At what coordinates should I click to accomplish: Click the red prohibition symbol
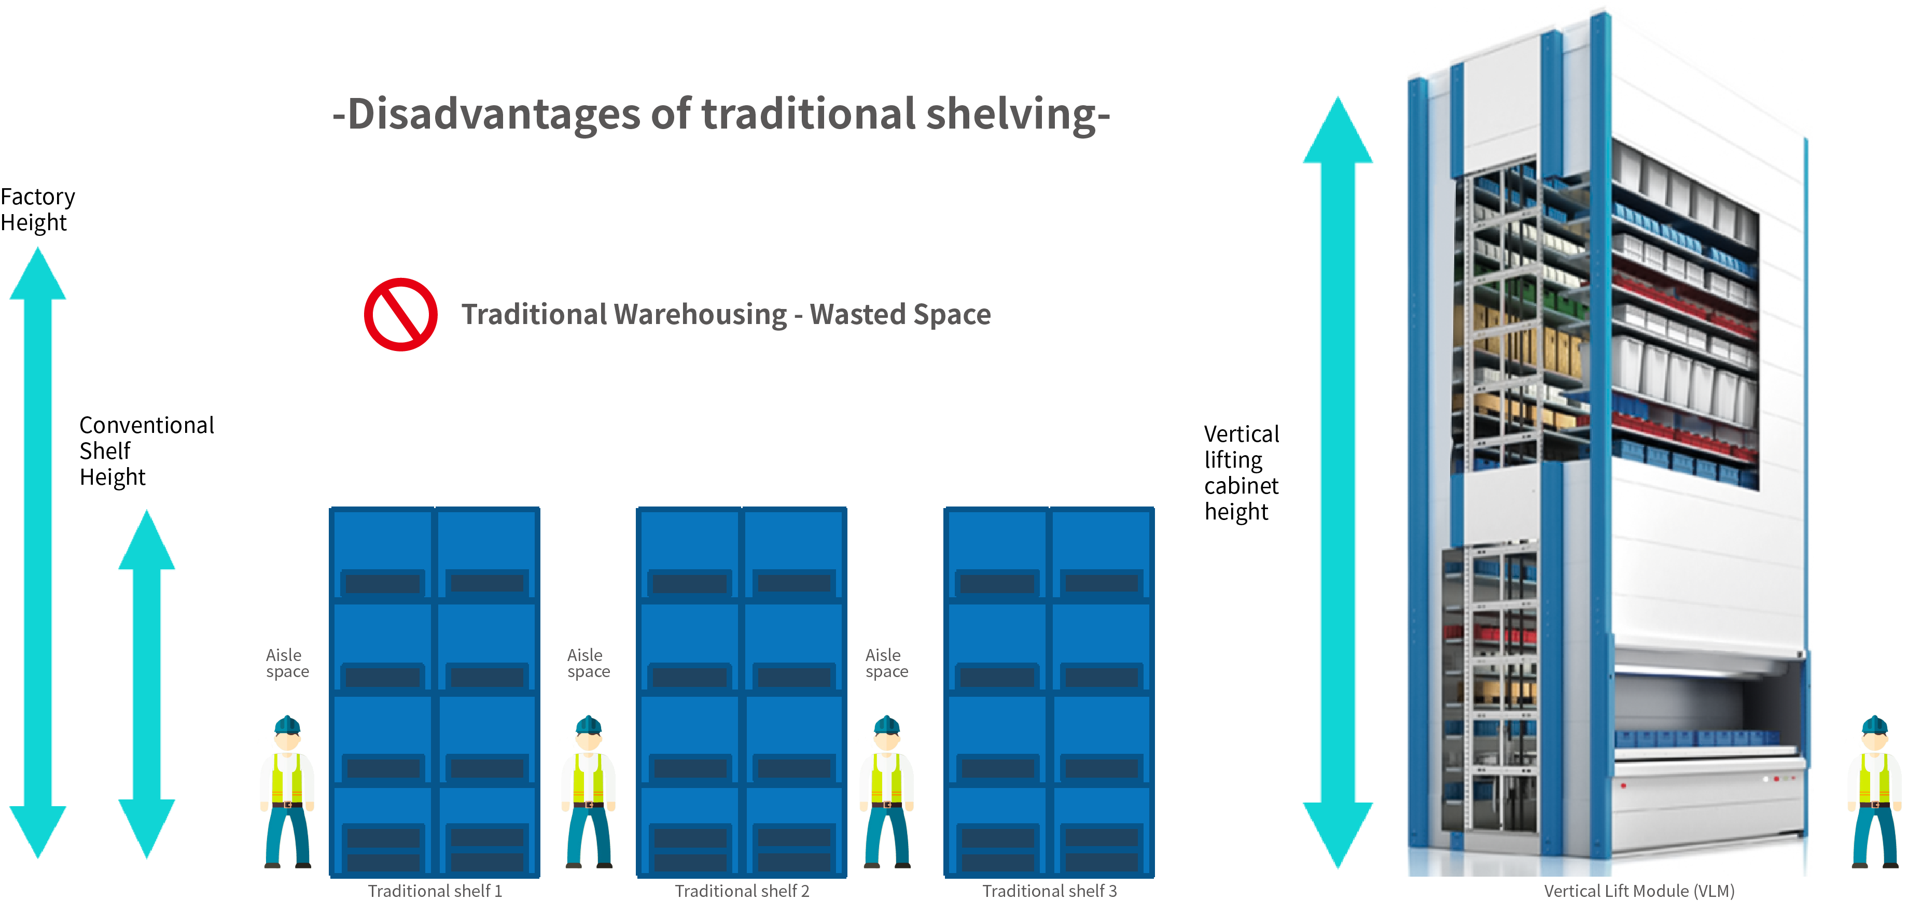pos(401,315)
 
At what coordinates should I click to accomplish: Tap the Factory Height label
pos(37,209)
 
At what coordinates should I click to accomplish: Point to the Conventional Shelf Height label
pos(146,451)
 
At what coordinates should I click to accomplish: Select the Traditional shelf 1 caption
pos(435,891)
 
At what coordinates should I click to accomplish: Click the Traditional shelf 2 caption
pos(742,891)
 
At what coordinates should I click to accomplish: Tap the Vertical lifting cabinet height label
pos(1241,473)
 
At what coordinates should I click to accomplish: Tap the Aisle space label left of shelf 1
pos(287,663)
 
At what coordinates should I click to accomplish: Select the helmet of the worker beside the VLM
pos(1875,724)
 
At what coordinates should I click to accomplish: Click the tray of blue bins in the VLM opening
pos(1696,738)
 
